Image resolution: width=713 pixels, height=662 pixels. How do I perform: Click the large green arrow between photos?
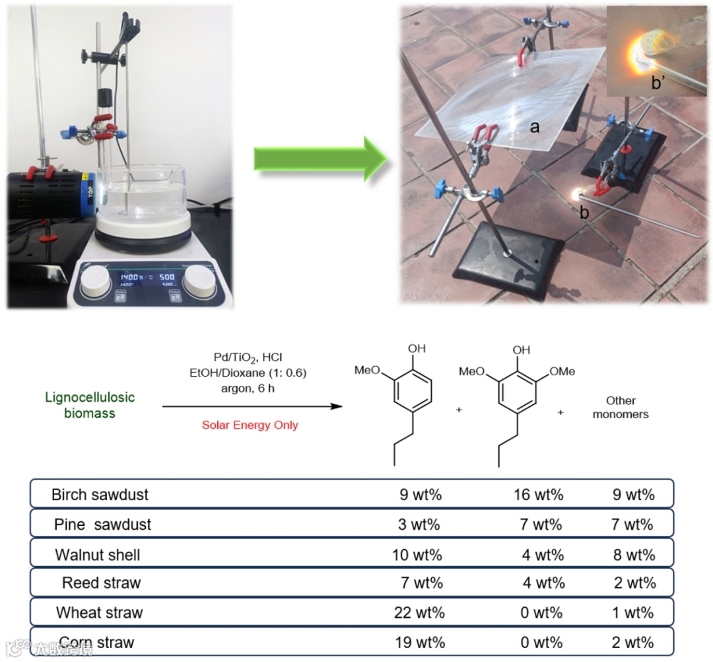pyautogui.click(x=320, y=158)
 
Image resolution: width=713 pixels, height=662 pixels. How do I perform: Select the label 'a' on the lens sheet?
pyautogui.click(x=535, y=127)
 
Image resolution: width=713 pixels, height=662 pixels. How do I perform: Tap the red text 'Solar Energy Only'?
pyautogui.click(x=250, y=425)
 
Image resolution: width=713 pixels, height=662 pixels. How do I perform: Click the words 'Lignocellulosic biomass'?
pyautogui.click(x=90, y=406)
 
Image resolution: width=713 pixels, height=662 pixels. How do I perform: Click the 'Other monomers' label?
pyautogui.click(x=620, y=407)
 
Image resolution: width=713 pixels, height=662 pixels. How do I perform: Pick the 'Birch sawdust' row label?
pyautogui.click(x=100, y=494)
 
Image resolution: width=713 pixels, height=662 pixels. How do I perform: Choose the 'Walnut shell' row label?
pyautogui.click(x=98, y=554)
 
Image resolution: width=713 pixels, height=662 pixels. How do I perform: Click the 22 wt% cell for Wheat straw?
pyautogui.click(x=419, y=612)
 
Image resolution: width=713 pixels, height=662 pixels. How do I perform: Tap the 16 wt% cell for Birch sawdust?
pyautogui.click(x=538, y=494)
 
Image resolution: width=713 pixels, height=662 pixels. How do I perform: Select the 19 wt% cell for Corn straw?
pyautogui.click(x=419, y=642)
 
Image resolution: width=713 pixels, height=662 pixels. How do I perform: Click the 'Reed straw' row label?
pyautogui.click(x=101, y=583)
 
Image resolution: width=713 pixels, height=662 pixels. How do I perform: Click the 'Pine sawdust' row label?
pyautogui.click(x=102, y=525)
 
